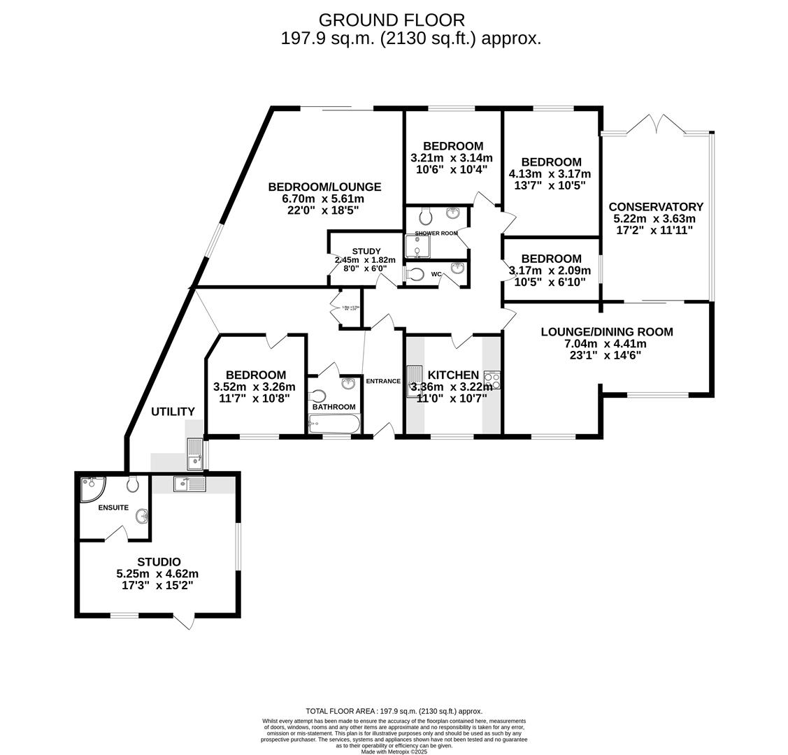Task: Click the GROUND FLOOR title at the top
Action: tap(392, 20)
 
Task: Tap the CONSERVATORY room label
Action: tap(655, 207)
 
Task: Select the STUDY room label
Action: tap(366, 252)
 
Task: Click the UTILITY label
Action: tap(173, 412)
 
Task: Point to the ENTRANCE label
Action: tap(382, 381)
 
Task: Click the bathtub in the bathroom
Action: tap(334, 424)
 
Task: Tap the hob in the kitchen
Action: tap(492, 380)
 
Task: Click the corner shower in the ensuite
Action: tap(89, 489)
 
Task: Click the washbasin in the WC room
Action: tap(457, 268)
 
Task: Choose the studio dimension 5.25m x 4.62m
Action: tap(157, 574)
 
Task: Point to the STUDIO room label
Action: tap(159, 562)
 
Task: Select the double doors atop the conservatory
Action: tap(655, 124)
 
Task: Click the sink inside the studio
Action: tap(189, 483)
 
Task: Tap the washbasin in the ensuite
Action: tap(142, 517)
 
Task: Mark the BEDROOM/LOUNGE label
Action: tap(324, 187)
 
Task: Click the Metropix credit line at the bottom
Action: tap(394, 752)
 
